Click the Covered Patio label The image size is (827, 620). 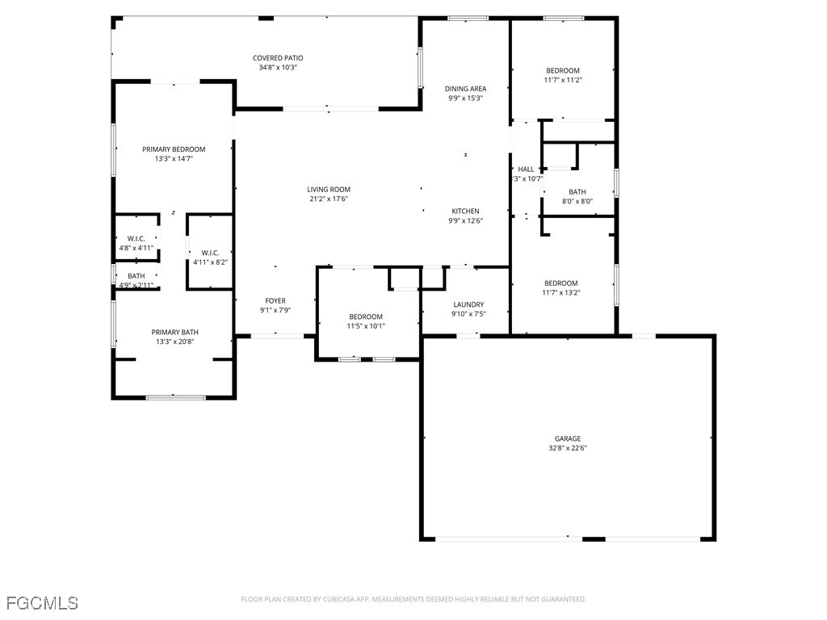(x=277, y=58)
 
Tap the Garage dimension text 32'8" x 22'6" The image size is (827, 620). (x=567, y=448)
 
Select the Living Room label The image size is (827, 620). (x=329, y=190)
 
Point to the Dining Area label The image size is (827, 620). (x=466, y=89)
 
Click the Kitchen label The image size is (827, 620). (x=465, y=211)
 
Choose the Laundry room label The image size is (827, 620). (x=468, y=304)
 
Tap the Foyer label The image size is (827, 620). (x=275, y=301)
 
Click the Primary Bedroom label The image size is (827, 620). (x=174, y=149)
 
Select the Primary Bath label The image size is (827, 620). (x=174, y=332)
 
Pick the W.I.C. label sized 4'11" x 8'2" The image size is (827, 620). (x=210, y=253)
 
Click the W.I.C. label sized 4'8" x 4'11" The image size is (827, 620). (x=136, y=238)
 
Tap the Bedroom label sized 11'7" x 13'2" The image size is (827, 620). (x=560, y=283)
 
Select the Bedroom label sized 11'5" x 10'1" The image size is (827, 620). (x=366, y=316)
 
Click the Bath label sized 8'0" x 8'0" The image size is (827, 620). (x=577, y=192)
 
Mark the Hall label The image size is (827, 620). (x=526, y=170)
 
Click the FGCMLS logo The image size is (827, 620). (x=42, y=603)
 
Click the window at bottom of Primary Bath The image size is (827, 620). (x=175, y=397)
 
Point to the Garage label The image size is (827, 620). (x=567, y=438)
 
